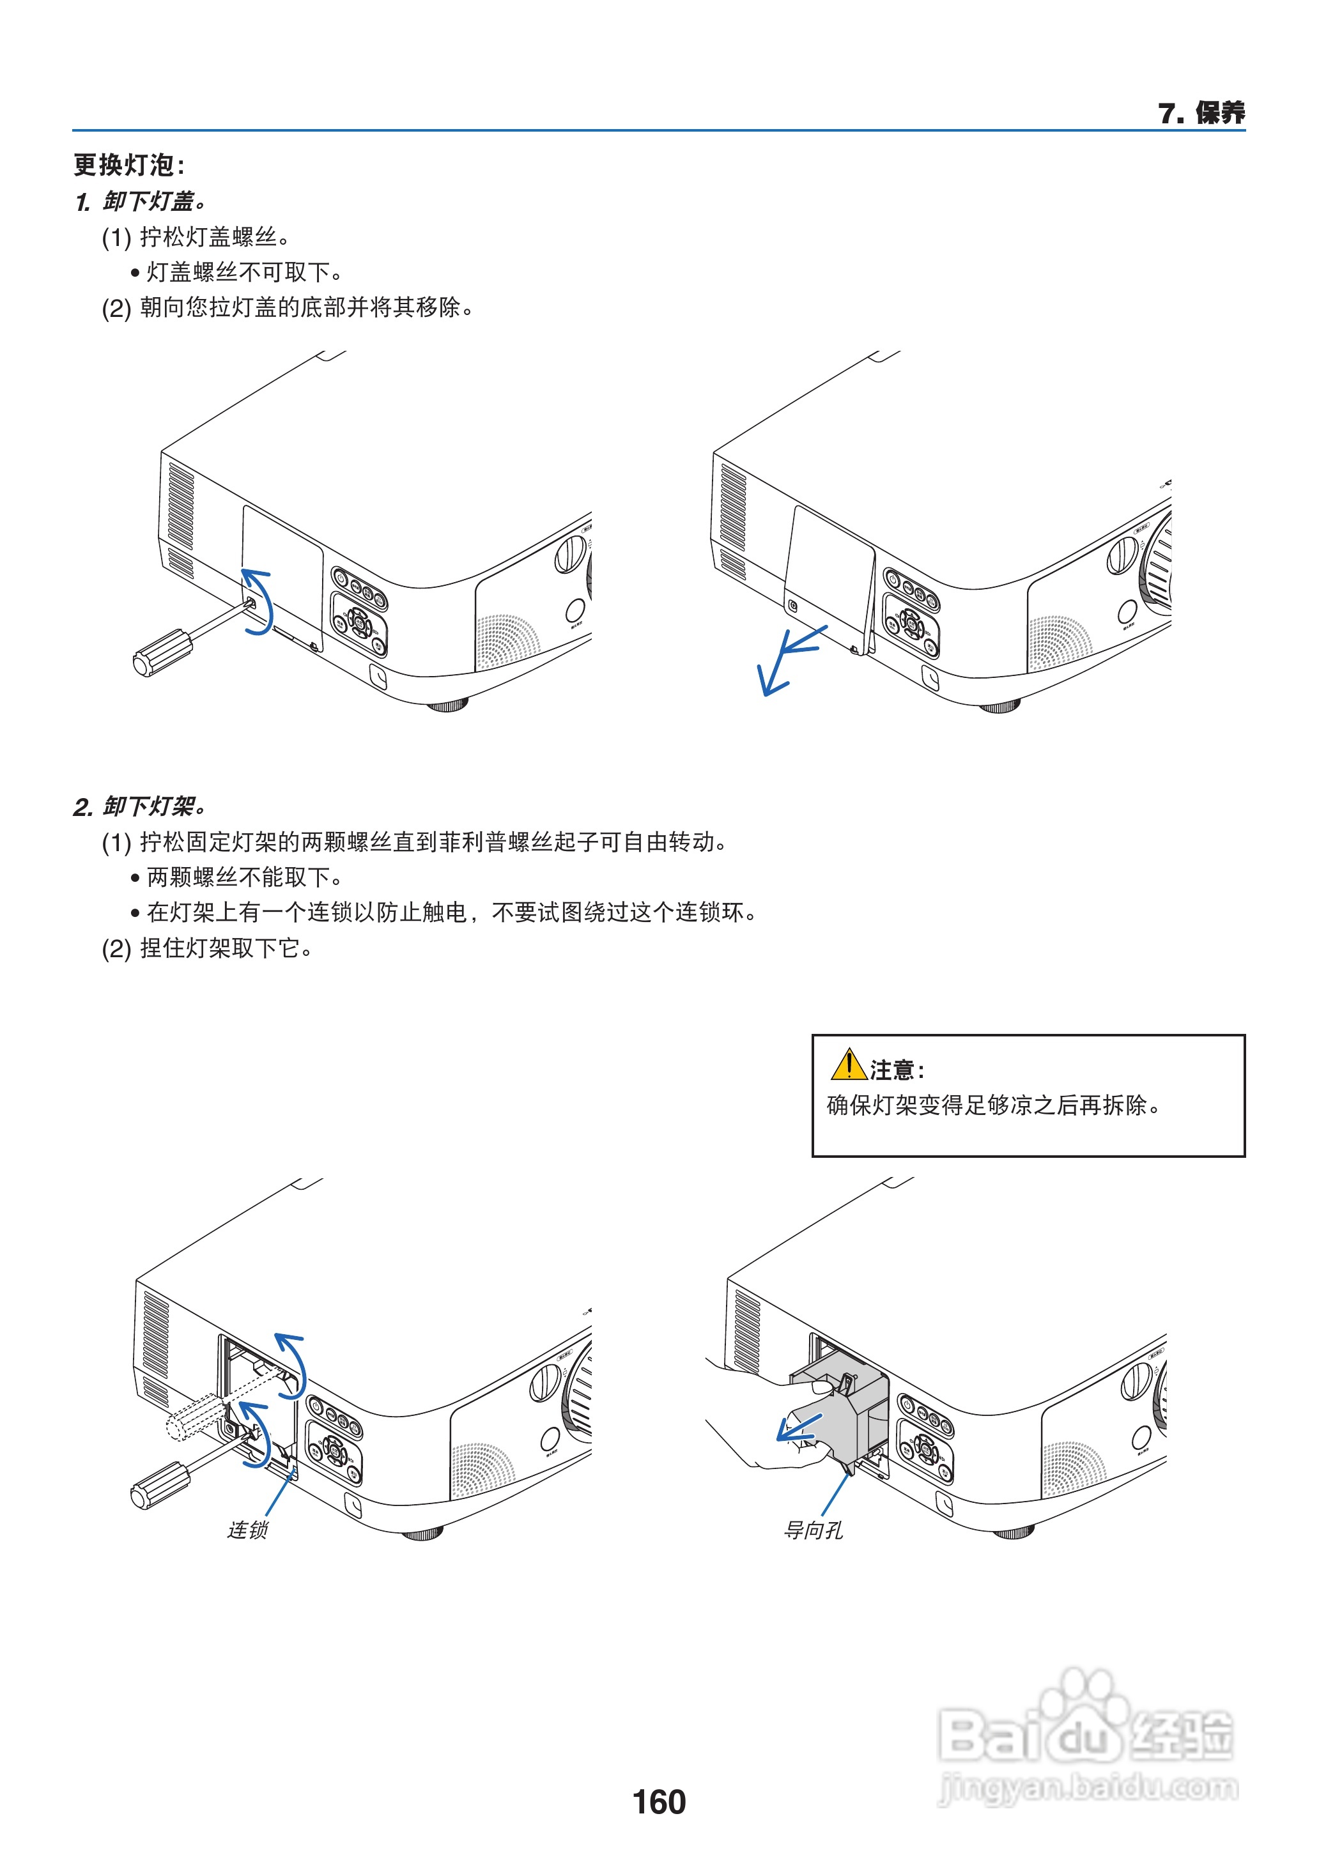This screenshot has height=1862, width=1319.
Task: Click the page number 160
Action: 659,1802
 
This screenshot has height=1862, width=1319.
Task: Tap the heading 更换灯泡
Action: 128,165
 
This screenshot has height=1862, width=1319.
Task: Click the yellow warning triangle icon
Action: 848,1065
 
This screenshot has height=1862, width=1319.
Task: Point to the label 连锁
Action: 247,1530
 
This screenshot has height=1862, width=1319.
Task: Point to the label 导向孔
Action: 812,1530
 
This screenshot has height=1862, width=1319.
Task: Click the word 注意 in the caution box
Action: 891,1070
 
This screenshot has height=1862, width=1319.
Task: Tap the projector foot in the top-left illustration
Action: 447,704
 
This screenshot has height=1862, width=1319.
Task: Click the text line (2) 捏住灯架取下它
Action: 208,948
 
